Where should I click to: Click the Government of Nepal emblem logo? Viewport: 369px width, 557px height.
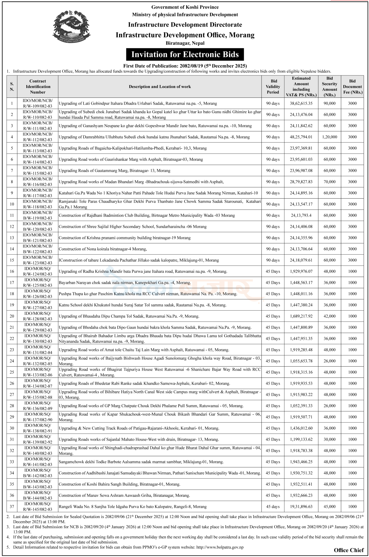click(72, 26)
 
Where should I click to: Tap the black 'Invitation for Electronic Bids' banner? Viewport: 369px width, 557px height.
click(185, 54)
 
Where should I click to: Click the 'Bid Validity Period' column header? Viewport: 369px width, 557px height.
click(273, 87)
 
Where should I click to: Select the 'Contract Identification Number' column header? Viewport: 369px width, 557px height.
click(38, 87)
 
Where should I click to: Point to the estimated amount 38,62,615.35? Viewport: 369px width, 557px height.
click(301, 103)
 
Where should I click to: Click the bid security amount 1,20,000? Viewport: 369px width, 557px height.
click(329, 137)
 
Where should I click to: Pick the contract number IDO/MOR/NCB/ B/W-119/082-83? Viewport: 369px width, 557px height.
click(38, 215)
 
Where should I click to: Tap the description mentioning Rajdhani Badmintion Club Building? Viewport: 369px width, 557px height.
click(147, 215)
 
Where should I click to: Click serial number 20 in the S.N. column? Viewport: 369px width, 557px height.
click(12, 316)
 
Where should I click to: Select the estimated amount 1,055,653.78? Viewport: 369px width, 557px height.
click(301, 361)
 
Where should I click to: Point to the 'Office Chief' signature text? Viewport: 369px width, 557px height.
click(349, 550)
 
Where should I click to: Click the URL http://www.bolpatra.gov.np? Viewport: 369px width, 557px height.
click(220, 547)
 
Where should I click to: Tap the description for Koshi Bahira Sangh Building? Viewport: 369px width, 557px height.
click(119, 484)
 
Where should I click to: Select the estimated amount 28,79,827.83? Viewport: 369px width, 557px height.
click(301, 182)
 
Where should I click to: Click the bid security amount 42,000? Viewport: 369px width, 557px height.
click(329, 316)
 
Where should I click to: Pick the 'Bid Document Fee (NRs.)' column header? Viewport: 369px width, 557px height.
click(352, 87)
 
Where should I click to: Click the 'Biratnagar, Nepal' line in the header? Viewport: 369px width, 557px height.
click(185, 43)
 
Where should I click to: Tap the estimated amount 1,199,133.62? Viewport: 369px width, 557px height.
click(301, 439)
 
